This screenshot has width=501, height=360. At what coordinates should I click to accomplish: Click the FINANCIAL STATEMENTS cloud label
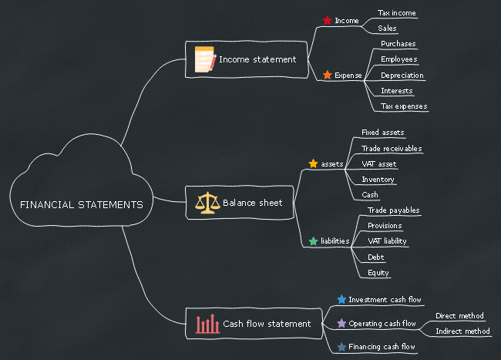click(x=81, y=205)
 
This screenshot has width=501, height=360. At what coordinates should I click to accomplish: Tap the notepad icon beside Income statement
click(x=204, y=59)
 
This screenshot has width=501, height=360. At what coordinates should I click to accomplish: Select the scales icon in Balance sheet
click(x=208, y=203)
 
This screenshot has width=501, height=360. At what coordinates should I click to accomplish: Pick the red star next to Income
click(x=327, y=20)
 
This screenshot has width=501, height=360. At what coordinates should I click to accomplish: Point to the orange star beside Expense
click(x=327, y=75)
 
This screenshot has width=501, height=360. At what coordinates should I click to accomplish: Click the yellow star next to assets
click(x=313, y=163)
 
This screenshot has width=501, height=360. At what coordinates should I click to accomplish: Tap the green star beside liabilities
click(x=313, y=241)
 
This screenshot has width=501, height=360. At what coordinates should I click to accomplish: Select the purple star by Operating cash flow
click(x=341, y=323)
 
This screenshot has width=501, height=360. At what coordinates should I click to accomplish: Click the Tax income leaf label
click(x=397, y=13)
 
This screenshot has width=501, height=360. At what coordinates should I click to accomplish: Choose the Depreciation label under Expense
click(x=402, y=76)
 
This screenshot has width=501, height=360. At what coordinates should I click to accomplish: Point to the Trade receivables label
click(x=392, y=148)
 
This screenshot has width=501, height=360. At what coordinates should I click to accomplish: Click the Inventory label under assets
click(x=378, y=180)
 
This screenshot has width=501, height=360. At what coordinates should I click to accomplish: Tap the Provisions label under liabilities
click(x=385, y=226)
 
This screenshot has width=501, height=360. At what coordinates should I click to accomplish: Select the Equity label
click(x=378, y=272)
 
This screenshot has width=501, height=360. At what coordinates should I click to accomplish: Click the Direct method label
click(x=459, y=315)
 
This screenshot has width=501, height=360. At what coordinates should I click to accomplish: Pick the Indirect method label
click(x=462, y=331)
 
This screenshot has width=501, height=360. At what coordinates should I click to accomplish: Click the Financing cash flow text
click(x=382, y=347)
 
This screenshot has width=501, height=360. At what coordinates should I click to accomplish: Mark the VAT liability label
click(x=387, y=241)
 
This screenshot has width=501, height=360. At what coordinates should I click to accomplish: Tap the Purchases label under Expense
click(x=398, y=44)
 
